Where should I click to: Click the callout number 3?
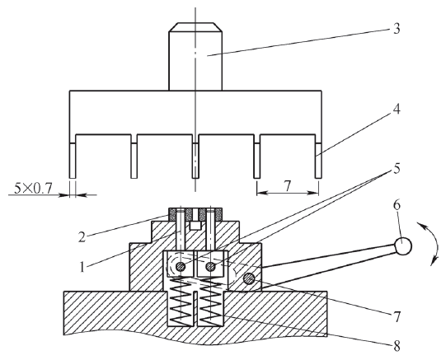(397, 29)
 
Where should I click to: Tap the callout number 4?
(397, 109)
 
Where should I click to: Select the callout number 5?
(397, 168)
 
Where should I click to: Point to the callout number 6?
(397, 205)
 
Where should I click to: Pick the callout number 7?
(397, 317)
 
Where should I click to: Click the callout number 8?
(397, 346)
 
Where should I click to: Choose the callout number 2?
(82, 236)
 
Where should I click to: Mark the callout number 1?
(82, 267)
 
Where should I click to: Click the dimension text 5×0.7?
(33, 188)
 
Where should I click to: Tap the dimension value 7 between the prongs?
(287, 186)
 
